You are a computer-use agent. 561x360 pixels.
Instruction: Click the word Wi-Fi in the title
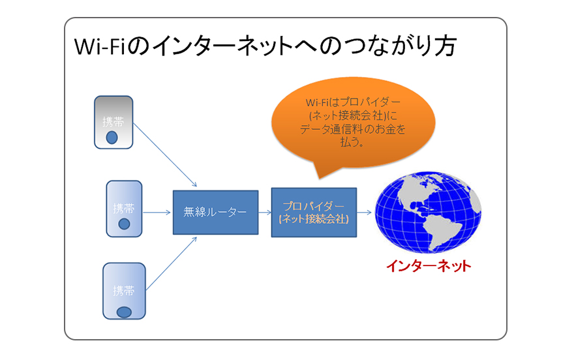[x=99, y=46]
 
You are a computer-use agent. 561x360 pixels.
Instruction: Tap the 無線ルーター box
[x=215, y=212]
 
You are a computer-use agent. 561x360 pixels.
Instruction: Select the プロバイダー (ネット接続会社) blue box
[x=314, y=212]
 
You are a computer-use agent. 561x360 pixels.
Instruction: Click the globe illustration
[x=428, y=212]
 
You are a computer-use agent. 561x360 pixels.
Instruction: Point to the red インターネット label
[x=429, y=266]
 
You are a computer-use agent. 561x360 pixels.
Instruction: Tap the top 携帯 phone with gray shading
[x=114, y=122]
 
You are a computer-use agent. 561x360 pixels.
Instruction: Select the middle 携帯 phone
[x=124, y=209]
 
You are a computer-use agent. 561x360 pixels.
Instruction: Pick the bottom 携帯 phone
[x=124, y=291]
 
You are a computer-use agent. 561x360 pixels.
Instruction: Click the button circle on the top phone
[x=112, y=138]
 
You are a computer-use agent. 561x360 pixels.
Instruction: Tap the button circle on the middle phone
[x=124, y=224]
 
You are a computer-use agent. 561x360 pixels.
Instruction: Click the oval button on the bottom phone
[x=124, y=312]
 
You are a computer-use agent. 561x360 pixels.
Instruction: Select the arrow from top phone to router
[x=165, y=155]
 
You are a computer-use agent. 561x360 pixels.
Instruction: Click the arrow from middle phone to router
[x=157, y=213]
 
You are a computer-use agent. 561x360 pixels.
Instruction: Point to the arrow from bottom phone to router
[x=172, y=263]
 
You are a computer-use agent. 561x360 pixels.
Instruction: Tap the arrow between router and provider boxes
[x=265, y=213]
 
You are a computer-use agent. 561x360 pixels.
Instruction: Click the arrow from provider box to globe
[x=364, y=213]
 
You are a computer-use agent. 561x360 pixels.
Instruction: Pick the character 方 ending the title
[x=446, y=46]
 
